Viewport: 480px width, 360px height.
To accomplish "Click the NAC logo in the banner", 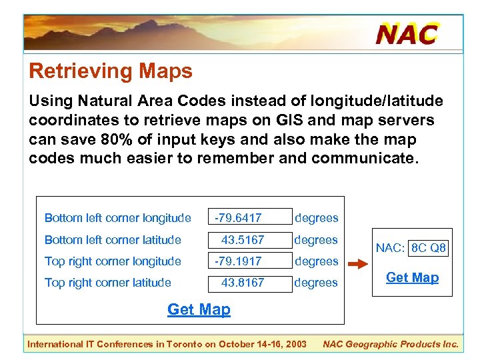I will pos(407,33).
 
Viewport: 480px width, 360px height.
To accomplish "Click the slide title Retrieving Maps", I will pos(111,71).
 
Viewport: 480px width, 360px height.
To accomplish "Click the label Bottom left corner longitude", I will pos(117,218).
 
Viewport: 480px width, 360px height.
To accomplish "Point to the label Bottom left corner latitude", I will pos(113,239).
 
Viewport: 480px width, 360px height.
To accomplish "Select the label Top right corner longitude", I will pos(113,261).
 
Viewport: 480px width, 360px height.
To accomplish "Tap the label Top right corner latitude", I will pos(107,283).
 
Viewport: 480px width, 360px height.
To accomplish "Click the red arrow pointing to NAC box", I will pos(358,265).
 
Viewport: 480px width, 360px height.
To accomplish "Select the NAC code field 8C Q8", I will pos(428,248).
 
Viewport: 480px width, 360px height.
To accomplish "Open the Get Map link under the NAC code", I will pos(412,278).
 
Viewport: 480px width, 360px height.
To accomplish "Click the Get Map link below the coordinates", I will pos(199,309).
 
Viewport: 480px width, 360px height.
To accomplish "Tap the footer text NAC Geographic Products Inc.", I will pos(390,344).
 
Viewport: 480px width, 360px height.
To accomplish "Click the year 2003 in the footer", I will pos(294,344).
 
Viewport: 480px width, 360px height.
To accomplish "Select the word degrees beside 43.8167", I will pos(316,283).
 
